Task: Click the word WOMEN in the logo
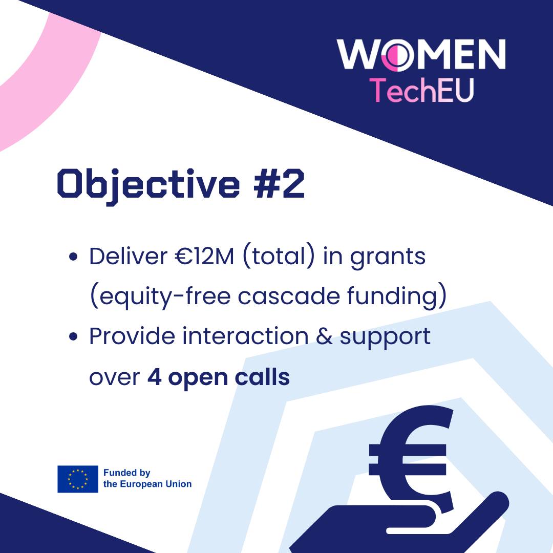tap(421, 54)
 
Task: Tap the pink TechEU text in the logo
tap(421, 90)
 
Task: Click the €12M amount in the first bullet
tap(204, 256)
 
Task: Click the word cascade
tap(288, 296)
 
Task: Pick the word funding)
tap(397, 297)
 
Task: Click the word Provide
tap(132, 336)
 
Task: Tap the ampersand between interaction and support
tap(324, 336)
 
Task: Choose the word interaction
tap(245, 336)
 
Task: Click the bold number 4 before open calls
tap(155, 377)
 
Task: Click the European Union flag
tap(78, 479)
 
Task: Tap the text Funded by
tap(126, 473)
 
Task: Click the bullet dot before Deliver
tap(73, 257)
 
